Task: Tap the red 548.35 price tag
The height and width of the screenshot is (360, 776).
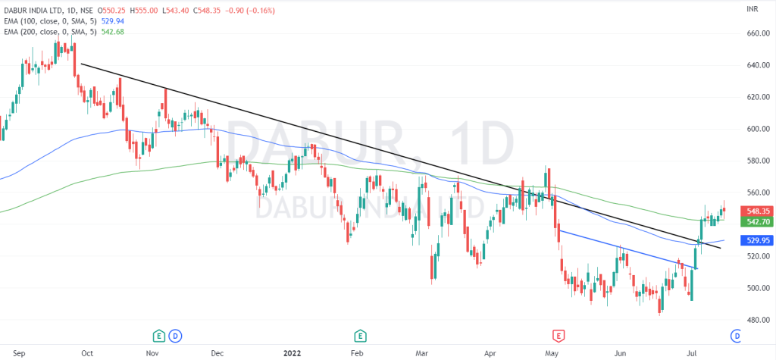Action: click(759, 211)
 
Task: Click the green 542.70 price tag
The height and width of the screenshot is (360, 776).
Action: click(759, 222)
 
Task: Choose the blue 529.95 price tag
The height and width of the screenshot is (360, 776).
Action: click(759, 240)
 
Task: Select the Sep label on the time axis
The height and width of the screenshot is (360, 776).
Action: click(20, 353)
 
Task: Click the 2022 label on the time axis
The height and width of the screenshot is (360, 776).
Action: click(293, 353)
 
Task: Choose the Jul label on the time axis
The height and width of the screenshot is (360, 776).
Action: click(691, 353)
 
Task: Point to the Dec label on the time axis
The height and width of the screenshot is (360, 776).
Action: click(217, 353)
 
